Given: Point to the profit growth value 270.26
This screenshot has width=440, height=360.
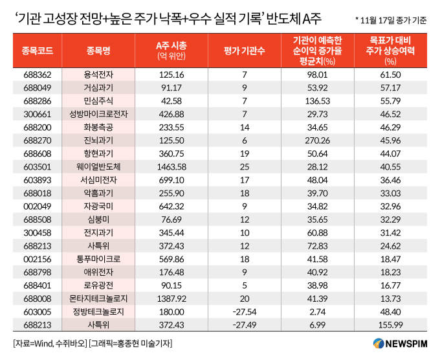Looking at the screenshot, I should pyautogui.click(x=322, y=140).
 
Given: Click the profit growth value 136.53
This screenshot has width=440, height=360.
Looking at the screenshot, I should pyautogui.click(x=322, y=101).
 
